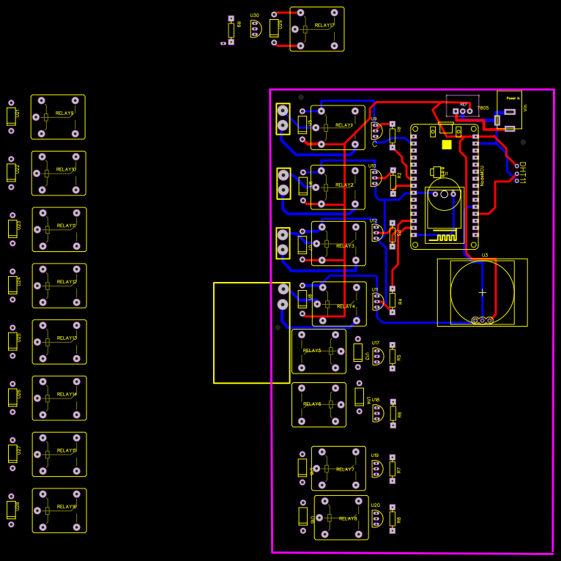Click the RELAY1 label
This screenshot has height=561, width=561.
(x=344, y=125)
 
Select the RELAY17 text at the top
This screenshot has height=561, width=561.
(x=324, y=26)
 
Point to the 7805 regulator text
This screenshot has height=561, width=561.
(x=483, y=108)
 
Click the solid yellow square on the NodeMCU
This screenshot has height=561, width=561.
(x=447, y=144)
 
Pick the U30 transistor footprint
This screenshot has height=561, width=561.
(x=255, y=29)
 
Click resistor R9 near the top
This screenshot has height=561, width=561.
(x=231, y=29)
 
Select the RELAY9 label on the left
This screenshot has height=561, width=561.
(x=64, y=114)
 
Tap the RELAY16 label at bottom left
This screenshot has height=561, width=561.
(x=67, y=507)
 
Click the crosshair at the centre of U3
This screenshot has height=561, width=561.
(x=482, y=292)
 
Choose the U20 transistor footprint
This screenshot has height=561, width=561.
(x=376, y=519)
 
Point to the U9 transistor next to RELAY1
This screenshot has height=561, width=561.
(x=376, y=130)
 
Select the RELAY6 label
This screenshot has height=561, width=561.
(x=312, y=404)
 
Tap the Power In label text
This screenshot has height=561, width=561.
(x=513, y=97)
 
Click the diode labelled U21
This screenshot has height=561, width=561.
(x=11, y=116)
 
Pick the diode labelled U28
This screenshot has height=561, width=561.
(x=12, y=509)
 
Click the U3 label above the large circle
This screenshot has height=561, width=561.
(x=485, y=256)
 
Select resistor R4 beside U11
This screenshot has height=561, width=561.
(x=392, y=300)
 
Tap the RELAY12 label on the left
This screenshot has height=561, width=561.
(x=67, y=282)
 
